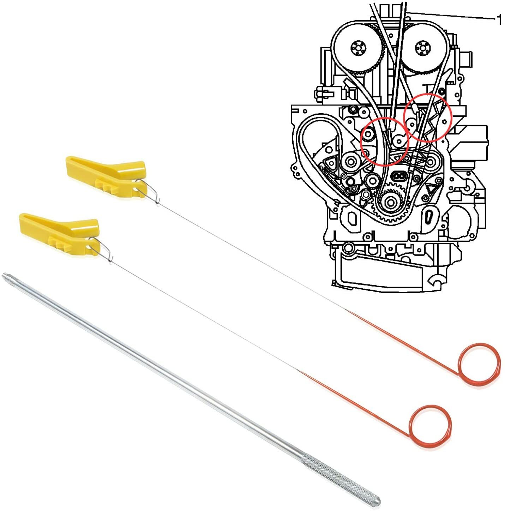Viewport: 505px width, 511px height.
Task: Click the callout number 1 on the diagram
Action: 499,20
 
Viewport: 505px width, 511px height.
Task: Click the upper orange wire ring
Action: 480,364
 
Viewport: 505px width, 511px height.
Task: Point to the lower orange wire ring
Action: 431,426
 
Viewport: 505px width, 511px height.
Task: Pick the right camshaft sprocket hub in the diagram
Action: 421,47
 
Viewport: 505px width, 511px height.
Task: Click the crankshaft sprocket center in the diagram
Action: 390,203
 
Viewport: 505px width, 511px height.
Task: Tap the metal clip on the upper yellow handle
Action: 148,191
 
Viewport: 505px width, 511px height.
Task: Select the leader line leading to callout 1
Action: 452,16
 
